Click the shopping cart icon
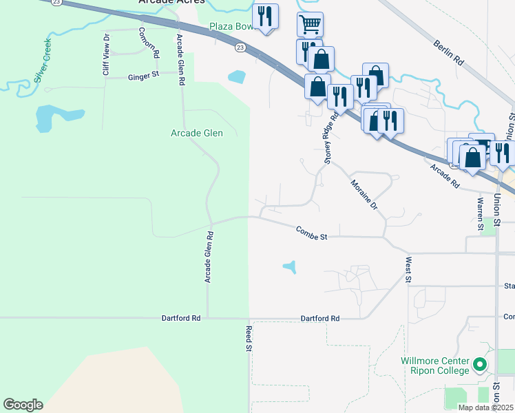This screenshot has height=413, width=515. (310, 25)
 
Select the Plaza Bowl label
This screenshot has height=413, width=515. (231, 28)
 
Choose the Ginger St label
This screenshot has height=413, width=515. (143, 76)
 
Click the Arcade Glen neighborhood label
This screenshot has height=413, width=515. (196, 133)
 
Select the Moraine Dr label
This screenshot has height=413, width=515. (364, 195)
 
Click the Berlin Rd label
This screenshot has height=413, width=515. (449, 53)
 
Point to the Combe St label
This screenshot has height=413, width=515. (311, 233)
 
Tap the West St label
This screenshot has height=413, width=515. (408, 270)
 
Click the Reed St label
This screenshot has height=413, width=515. (249, 339)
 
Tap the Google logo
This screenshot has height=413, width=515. (23, 405)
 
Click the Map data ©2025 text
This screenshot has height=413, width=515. (485, 407)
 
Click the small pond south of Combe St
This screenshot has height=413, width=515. (290, 266)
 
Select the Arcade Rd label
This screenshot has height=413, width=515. (445, 176)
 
